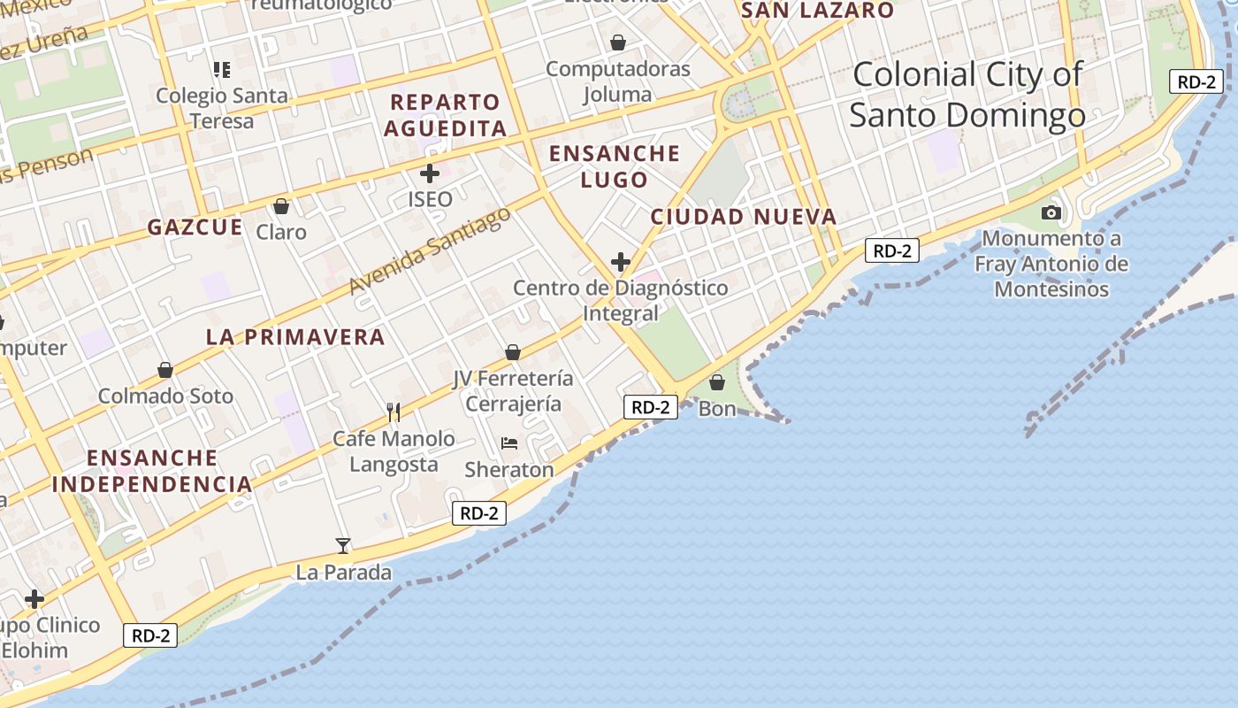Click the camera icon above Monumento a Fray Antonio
click(1051, 212)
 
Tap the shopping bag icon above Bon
click(717, 382)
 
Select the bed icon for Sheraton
click(509, 442)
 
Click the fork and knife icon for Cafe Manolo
click(394, 412)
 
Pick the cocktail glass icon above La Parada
click(343, 545)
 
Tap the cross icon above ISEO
click(430, 173)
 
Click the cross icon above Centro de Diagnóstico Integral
click(621, 262)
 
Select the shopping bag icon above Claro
click(281, 206)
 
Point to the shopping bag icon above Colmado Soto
click(165, 370)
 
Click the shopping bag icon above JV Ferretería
click(513, 352)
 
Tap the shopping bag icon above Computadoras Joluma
click(618, 42)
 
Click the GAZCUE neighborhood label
click(195, 227)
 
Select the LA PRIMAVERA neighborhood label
click(295, 337)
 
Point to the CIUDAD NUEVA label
click(744, 217)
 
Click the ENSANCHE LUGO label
click(615, 166)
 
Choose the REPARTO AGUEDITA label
click(446, 115)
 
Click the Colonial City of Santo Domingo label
click(967, 95)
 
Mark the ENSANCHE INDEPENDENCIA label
click(152, 471)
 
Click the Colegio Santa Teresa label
click(222, 108)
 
